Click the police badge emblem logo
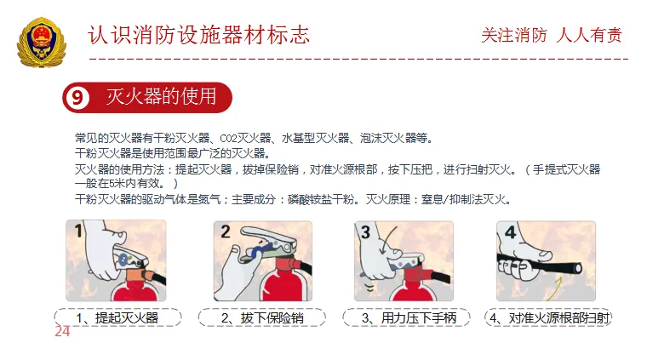[x=41, y=43]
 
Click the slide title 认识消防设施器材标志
[x=199, y=35]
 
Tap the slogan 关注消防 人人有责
[x=552, y=35]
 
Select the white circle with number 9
[x=77, y=98]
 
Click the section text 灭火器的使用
[x=162, y=97]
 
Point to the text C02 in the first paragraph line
[x=228, y=139]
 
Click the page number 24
[x=62, y=331]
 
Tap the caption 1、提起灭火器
[x=117, y=318]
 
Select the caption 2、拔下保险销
[x=262, y=318]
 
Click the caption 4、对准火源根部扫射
[x=549, y=318]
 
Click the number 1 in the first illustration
[x=78, y=231]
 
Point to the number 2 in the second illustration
[x=226, y=231]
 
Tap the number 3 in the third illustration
[x=365, y=232]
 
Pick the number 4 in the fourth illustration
[x=511, y=232]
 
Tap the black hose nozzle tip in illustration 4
[x=578, y=269]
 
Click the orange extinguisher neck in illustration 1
[x=136, y=275]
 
